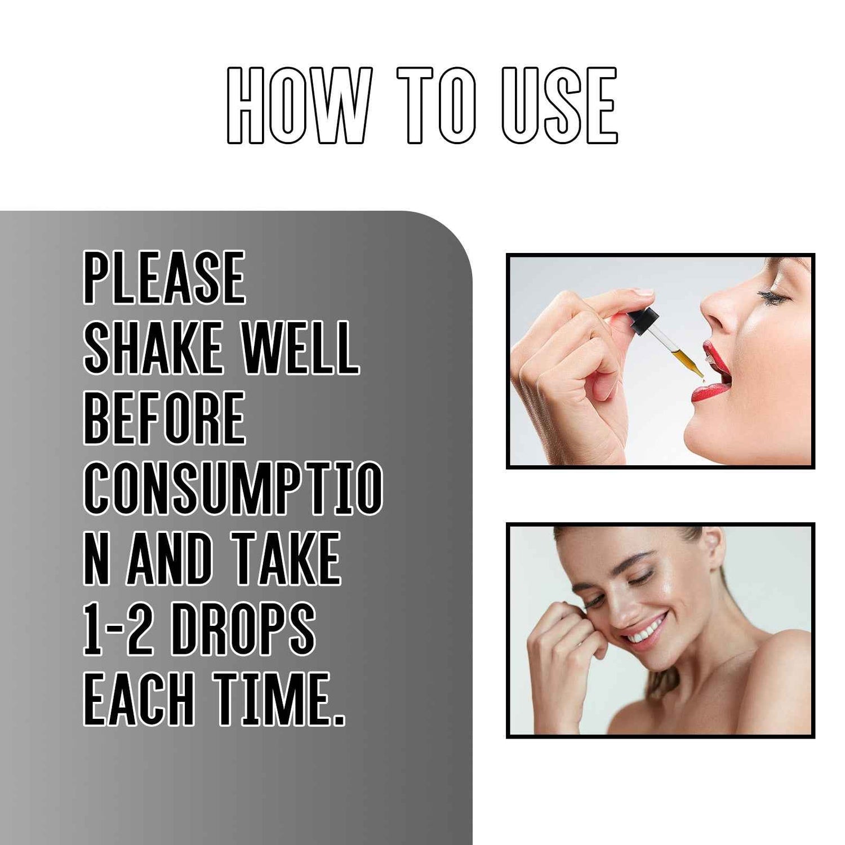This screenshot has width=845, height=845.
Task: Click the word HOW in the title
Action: coord(299,105)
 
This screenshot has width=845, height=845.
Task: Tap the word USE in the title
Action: coord(559,105)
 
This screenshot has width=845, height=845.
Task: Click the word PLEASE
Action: coord(164,278)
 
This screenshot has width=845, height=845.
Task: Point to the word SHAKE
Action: coord(153,348)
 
